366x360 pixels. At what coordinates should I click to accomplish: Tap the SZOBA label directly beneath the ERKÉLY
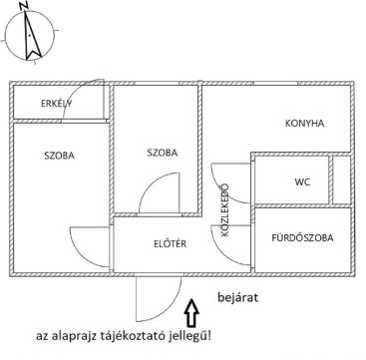tap(61, 155)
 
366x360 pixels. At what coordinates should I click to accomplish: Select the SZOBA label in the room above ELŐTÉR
tap(161, 153)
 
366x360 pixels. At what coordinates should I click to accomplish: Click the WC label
tap(302, 182)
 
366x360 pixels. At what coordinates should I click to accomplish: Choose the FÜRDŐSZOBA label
tap(303, 238)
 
